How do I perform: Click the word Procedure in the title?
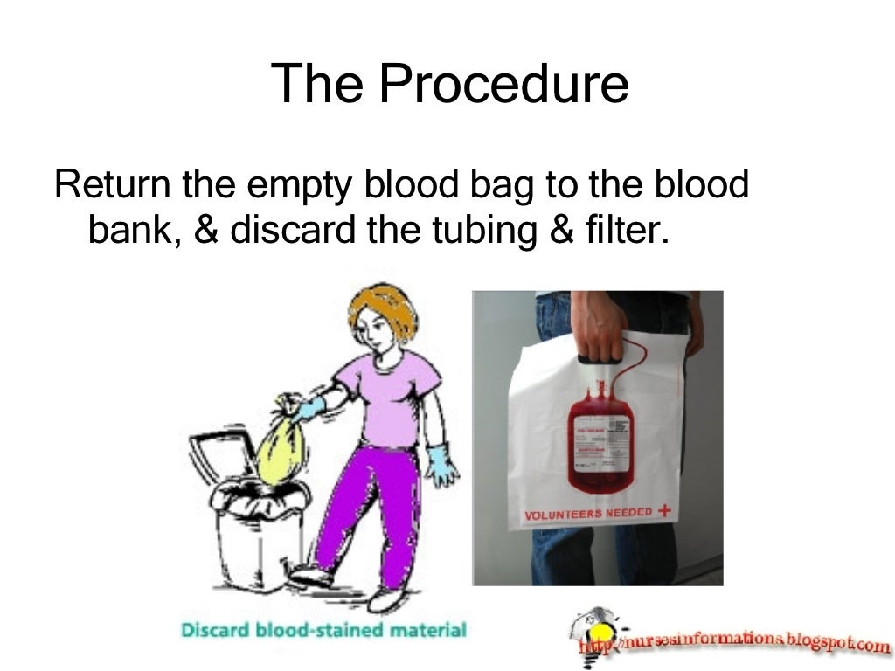pyautogui.click(x=503, y=86)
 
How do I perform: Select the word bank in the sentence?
pyautogui.click(x=130, y=230)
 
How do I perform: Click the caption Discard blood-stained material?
pyautogui.click(x=323, y=629)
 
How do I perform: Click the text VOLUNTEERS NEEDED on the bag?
pyautogui.click(x=587, y=514)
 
